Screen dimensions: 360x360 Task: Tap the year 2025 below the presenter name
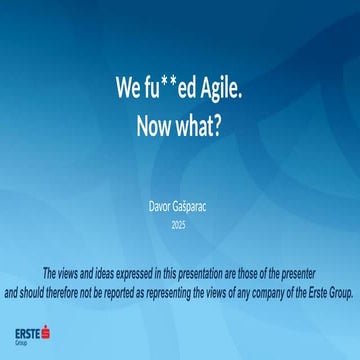coord(179,225)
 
